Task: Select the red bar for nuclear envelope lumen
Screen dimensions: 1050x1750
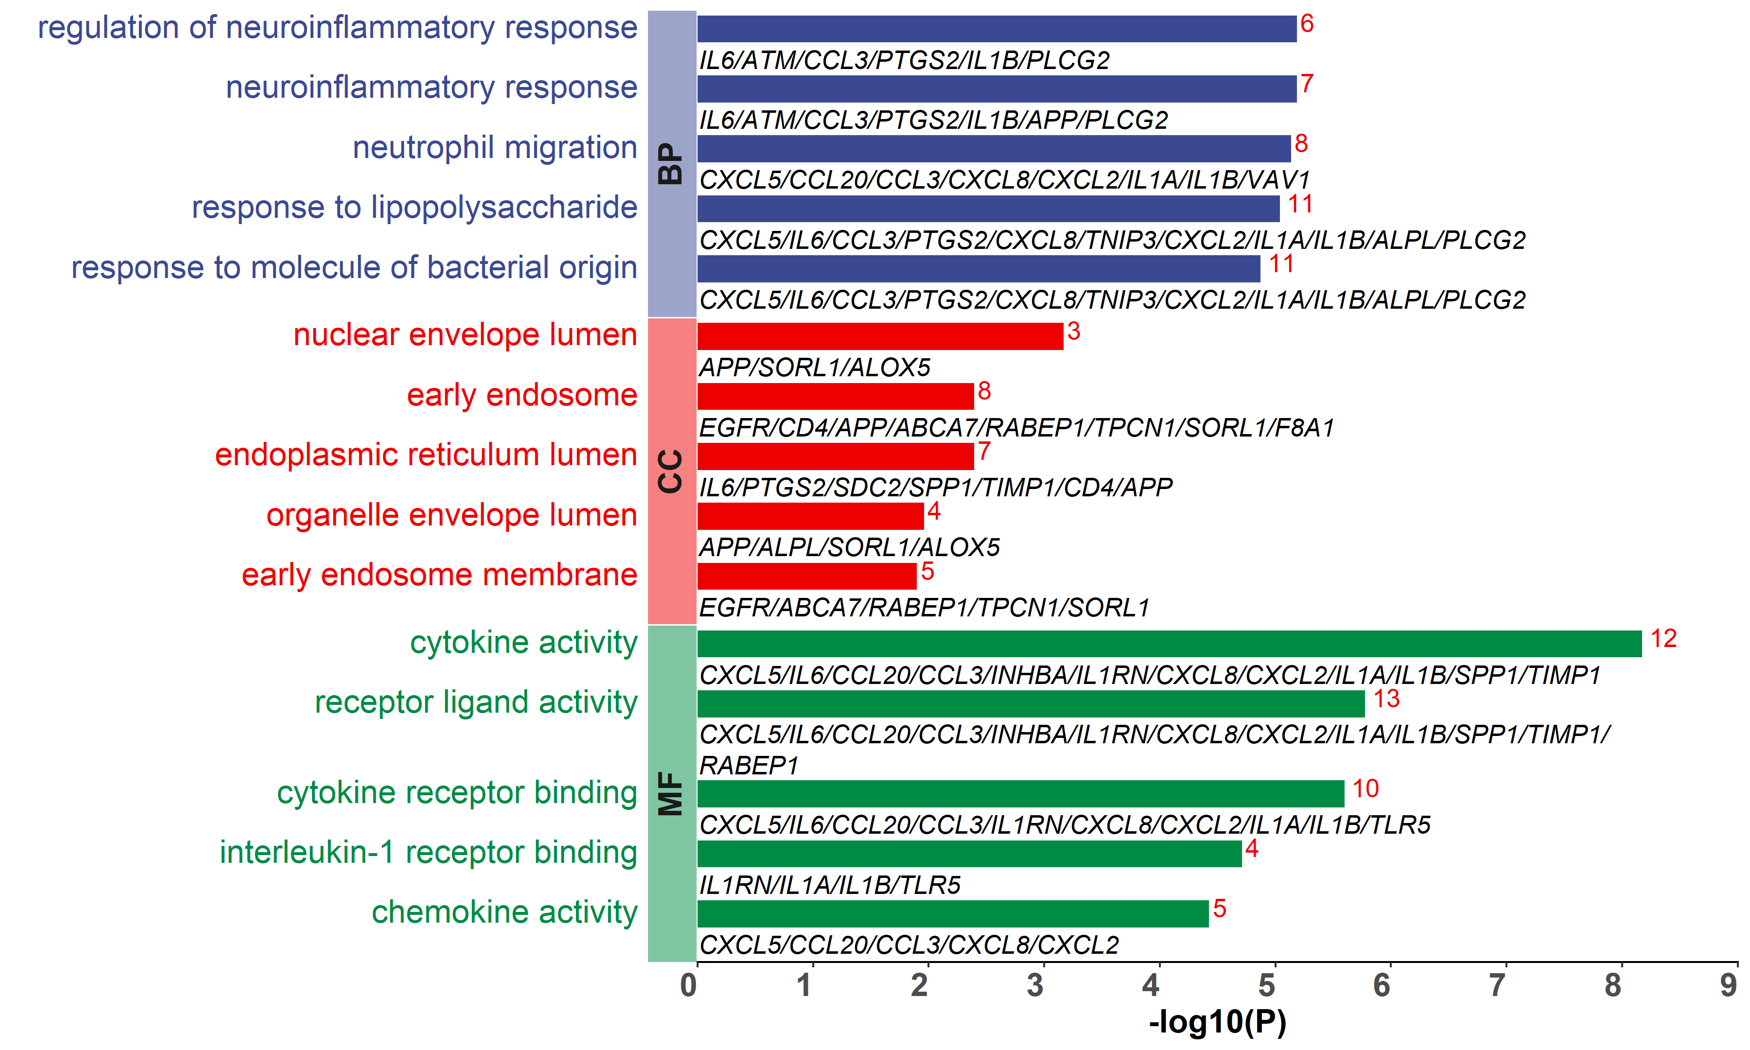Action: click(x=880, y=336)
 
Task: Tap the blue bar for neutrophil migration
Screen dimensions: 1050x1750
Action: click(x=994, y=149)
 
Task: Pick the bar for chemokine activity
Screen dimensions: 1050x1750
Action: click(x=953, y=913)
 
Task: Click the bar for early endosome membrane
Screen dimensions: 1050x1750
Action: click(x=806, y=576)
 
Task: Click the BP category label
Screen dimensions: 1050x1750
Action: click(x=670, y=164)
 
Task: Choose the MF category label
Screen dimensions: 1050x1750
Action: click(x=670, y=794)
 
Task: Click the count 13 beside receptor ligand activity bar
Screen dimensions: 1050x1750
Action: click(x=1386, y=699)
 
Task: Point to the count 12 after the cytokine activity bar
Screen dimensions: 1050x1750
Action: click(x=1663, y=639)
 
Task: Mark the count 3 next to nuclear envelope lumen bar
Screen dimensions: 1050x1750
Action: click(x=1074, y=331)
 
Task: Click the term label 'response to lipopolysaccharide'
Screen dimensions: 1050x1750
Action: click(x=415, y=207)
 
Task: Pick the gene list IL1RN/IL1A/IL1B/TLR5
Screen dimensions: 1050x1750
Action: click(x=830, y=885)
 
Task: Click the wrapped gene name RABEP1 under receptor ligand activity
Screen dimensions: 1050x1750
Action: click(x=749, y=766)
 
